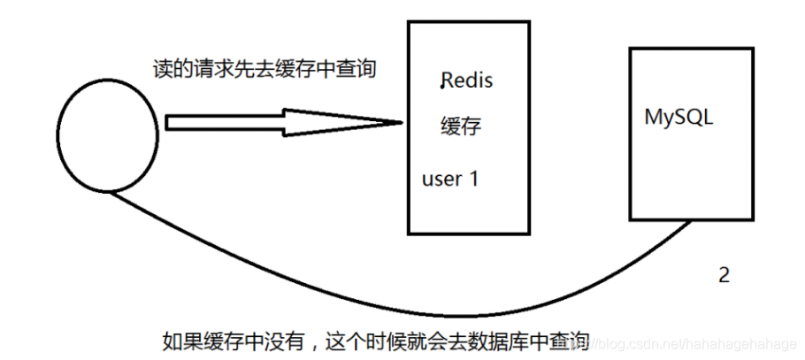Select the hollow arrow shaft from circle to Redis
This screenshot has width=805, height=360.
[x=226, y=122]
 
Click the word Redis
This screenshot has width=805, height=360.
[x=467, y=81]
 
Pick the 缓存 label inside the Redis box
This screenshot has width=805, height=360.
[x=460, y=127]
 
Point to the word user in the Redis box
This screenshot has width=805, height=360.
[x=441, y=179]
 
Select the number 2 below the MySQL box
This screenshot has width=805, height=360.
[x=724, y=275]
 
